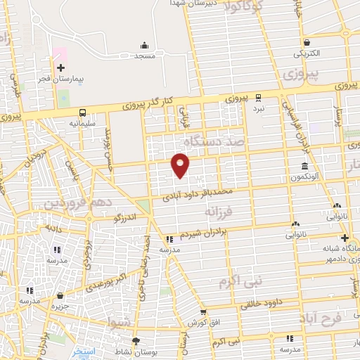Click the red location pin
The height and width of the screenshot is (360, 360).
point(181,165)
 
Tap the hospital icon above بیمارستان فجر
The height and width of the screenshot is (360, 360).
point(60,68)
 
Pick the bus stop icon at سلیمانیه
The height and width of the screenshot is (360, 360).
point(83,112)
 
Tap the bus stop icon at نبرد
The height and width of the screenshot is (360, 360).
point(259,97)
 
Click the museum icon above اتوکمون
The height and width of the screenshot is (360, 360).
point(304,167)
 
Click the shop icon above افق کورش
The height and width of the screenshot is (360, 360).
point(203,313)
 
